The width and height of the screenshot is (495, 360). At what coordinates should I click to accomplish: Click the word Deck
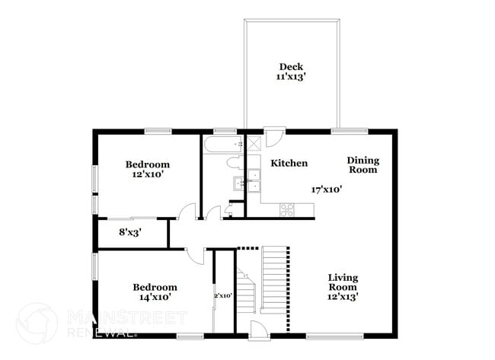pos(290,66)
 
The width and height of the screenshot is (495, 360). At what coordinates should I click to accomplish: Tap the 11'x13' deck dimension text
pos(290,77)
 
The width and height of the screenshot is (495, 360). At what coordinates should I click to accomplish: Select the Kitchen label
pos(289,163)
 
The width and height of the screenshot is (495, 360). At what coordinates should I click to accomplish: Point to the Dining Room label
pos(362,164)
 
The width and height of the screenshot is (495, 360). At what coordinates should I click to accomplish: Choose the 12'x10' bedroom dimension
pos(147,174)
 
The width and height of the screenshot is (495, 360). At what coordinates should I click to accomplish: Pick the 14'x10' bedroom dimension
pos(155,297)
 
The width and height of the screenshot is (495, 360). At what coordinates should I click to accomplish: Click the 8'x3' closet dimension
pos(130,232)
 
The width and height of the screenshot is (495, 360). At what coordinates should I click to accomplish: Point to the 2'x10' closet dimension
pos(222,295)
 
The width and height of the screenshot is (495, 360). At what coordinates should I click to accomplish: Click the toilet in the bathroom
pos(234,162)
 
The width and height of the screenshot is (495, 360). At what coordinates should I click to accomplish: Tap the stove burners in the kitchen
pos(287,209)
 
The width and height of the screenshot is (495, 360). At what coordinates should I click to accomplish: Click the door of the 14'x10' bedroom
pos(196,255)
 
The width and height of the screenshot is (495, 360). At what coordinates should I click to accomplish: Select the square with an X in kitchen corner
pos(254,142)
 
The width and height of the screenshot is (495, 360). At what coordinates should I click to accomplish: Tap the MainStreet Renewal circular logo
pos(36,323)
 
